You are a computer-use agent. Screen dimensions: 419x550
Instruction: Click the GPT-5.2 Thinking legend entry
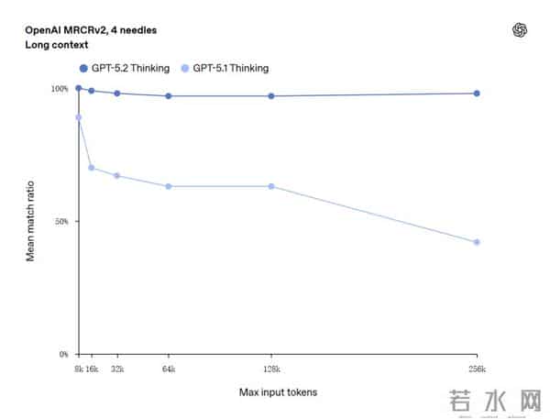(x=125, y=68)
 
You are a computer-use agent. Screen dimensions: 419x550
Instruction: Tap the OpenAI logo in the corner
(x=520, y=29)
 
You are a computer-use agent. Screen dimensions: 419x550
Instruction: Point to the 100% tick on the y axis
(x=59, y=89)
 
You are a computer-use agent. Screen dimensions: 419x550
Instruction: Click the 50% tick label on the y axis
(x=60, y=221)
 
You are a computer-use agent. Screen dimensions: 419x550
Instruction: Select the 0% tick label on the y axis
(x=63, y=354)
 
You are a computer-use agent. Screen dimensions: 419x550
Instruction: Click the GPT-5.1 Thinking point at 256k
(x=477, y=242)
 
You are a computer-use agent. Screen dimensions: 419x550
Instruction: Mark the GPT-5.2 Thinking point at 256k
(x=477, y=94)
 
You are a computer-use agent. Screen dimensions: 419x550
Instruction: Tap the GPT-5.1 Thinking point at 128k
(x=271, y=186)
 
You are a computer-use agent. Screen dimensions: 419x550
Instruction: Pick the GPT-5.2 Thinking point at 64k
(x=169, y=96)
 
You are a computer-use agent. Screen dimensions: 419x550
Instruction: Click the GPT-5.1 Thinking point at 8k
(x=79, y=117)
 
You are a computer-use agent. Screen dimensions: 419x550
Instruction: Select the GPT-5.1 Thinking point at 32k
(x=117, y=175)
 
